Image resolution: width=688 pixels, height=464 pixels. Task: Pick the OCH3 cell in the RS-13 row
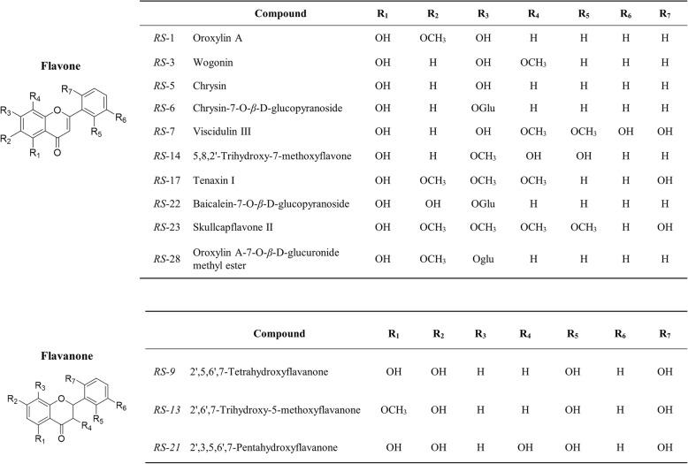(x=393, y=409)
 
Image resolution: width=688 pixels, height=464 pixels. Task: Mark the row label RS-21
(x=158, y=446)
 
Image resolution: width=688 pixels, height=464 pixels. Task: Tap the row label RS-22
(x=158, y=202)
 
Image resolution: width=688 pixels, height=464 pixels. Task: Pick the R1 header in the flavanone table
(x=393, y=334)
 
